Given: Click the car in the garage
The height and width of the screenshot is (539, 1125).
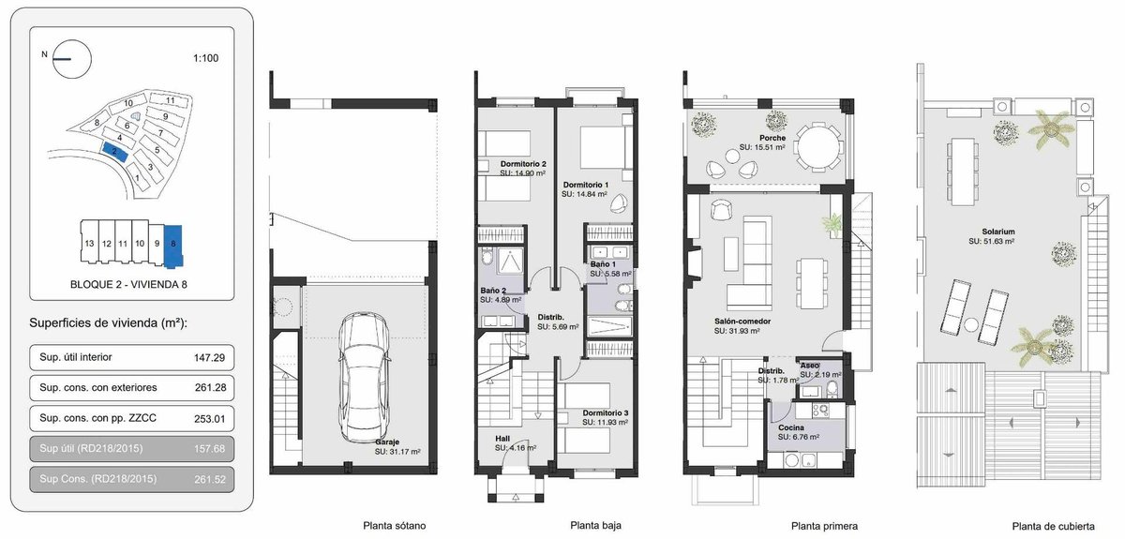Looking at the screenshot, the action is [x=365, y=377].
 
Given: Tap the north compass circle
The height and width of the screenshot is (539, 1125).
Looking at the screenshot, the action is [x=72, y=59].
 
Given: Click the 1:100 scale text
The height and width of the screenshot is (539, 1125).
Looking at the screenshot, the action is [x=206, y=58].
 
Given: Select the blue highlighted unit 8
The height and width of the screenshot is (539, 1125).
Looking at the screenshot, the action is [x=173, y=245].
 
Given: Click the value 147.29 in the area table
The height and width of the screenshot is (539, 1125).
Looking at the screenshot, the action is [x=209, y=358].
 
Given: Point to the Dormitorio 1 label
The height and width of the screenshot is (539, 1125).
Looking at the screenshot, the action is [x=586, y=185].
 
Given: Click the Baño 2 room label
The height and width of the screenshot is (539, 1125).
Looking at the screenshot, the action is [x=493, y=291].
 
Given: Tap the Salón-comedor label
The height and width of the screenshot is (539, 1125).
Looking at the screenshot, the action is [x=742, y=322].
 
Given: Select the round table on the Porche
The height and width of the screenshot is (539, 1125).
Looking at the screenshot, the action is [x=819, y=148].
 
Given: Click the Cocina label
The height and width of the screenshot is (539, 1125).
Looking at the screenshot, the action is [x=791, y=428].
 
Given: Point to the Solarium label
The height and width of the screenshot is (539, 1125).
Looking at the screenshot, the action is [x=998, y=232].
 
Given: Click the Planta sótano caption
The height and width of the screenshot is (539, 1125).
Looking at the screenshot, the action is [x=395, y=526].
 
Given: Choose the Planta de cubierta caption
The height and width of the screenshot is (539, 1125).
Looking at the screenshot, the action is [x=1053, y=527].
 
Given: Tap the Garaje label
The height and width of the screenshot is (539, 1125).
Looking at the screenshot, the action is [x=387, y=442].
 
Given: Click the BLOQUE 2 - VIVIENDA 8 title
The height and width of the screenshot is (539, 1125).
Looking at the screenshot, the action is [x=128, y=284].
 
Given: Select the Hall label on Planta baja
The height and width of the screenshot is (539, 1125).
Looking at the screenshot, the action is [x=502, y=439].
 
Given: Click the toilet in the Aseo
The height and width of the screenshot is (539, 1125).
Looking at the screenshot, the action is [x=832, y=388].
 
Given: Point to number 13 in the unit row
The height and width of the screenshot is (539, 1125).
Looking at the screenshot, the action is [x=89, y=244].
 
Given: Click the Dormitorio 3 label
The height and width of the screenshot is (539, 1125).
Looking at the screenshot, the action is [x=606, y=412].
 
